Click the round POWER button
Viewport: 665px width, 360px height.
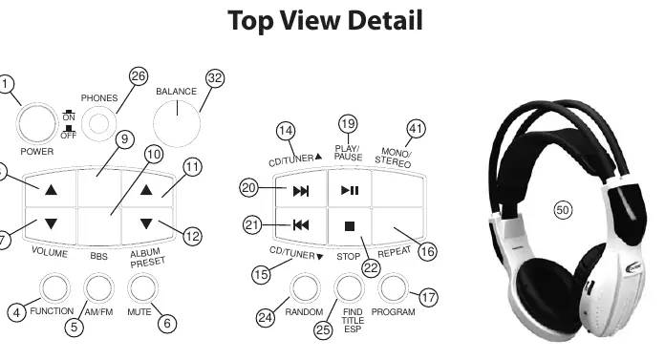[x=36, y=124]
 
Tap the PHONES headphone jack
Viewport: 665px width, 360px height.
[x=98, y=123]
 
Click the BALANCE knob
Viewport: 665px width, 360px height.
[x=177, y=124]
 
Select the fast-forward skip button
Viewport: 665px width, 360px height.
[x=301, y=191]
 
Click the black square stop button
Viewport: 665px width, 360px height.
[x=350, y=226]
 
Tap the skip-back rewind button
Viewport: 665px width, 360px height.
[x=301, y=225]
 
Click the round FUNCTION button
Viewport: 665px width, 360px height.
[x=54, y=288]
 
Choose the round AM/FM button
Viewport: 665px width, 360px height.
[x=98, y=288]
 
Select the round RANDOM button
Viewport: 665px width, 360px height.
[x=305, y=288]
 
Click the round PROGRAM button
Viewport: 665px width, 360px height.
[x=393, y=288]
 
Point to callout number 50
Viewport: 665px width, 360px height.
[x=563, y=210]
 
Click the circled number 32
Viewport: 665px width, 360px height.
[x=215, y=78]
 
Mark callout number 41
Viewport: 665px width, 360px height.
[x=416, y=129]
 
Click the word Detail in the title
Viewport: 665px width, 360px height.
[x=385, y=20]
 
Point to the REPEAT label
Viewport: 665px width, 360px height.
[x=394, y=252]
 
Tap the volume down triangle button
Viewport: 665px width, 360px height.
[x=51, y=223]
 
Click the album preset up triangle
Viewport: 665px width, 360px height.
[x=146, y=189]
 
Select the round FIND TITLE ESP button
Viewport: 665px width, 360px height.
[x=349, y=288]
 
